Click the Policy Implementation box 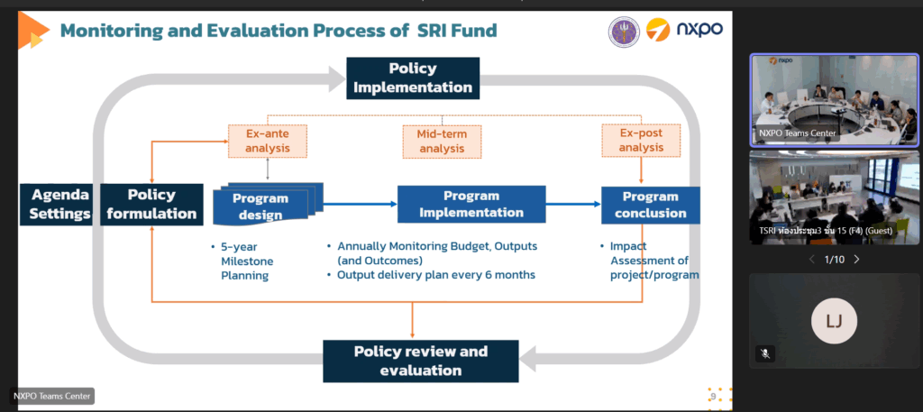(413, 78)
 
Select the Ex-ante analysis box (268, 141)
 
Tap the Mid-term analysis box (442, 142)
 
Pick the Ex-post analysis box (641, 140)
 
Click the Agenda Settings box (57, 205)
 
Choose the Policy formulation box (151, 205)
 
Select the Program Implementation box (471, 205)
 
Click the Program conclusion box (651, 205)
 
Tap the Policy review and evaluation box (421, 361)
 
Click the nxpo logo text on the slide (699, 29)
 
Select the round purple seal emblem (624, 32)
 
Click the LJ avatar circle (834, 321)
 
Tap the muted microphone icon (765, 353)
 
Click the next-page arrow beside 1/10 (856, 259)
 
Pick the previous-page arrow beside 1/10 (812, 259)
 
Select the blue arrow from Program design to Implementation (361, 205)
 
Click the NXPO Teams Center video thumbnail (834, 99)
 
